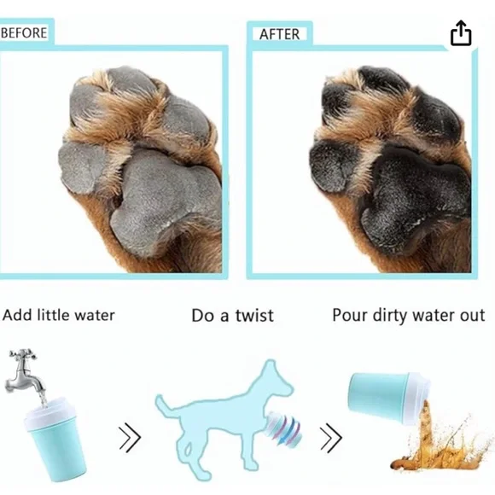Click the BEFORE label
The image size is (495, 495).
point(24,32)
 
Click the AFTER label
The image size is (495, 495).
point(279,34)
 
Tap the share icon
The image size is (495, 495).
point(460,33)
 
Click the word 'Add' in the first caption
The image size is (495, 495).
point(18,315)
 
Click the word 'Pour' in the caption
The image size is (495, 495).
point(351,316)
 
